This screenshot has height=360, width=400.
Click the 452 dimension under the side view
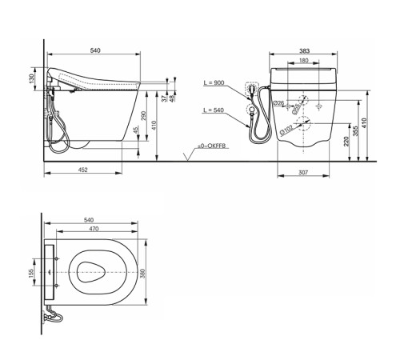83,169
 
